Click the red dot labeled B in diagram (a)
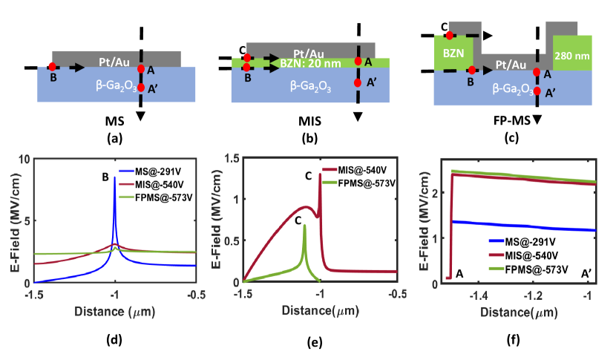(51, 67)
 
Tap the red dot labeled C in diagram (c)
(450, 35)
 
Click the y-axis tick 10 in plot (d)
(23, 159)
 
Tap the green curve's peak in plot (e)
(304, 226)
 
